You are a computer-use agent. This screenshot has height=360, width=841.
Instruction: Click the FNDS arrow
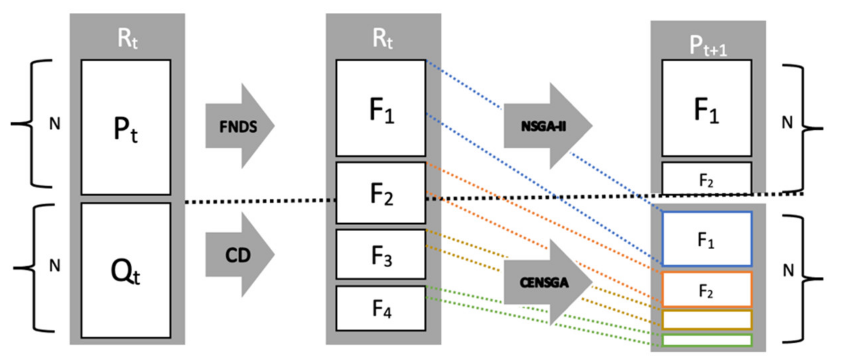(x=238, y=126)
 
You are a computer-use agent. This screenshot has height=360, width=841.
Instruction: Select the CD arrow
(x=238, y=255)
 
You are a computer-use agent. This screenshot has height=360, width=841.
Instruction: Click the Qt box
(x=126, y=271)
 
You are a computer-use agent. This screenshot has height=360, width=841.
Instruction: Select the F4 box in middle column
(x=381, y=308)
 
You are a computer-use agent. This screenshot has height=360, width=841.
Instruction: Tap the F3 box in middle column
(x=381, y=255)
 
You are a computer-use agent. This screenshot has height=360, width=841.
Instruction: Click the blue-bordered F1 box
(x=707, y=239)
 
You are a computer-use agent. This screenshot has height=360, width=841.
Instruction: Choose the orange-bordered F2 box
(x=707, y=289)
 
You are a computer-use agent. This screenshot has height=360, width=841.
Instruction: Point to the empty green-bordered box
(x=707, y=340)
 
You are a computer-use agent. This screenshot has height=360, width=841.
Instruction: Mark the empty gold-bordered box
(x=707, y=320)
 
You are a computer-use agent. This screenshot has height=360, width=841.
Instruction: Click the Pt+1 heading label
(x=708, y=46)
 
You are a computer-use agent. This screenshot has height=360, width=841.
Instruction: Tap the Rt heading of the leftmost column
(x=127, y=39)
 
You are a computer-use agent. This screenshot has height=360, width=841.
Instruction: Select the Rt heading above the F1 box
(x=382, y=39)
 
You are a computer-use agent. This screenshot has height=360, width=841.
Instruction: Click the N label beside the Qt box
(x=55, y=266)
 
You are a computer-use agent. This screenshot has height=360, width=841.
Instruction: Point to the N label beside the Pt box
(x=55, y=124)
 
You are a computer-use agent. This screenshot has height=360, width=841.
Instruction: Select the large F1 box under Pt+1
(x=707, y=108)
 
